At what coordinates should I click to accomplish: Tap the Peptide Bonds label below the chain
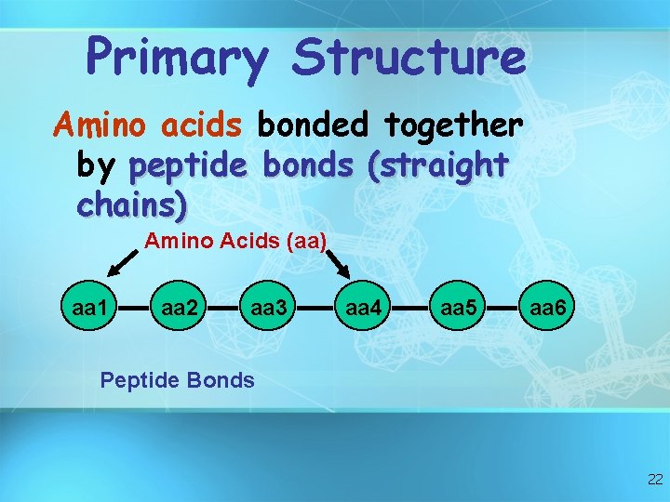(177, 379)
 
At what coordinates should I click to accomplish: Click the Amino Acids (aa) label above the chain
(234, 242)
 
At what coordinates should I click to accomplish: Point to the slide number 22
(653, 480)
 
